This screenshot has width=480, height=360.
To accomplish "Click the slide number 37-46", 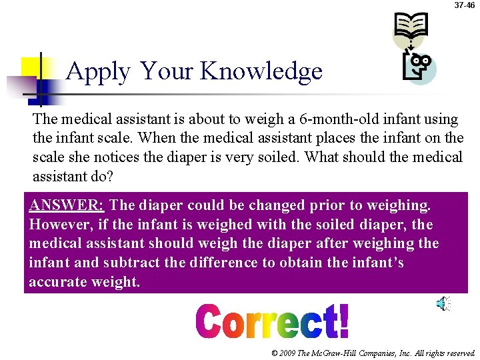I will (x=465, y=5).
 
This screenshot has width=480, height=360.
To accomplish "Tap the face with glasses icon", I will (x=419, y=67).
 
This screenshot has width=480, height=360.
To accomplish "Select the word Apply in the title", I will (x=99, y=71).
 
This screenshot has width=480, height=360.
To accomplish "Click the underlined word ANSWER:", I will (x=66, y=205).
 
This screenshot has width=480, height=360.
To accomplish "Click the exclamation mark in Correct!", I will (x=343, y=321).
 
